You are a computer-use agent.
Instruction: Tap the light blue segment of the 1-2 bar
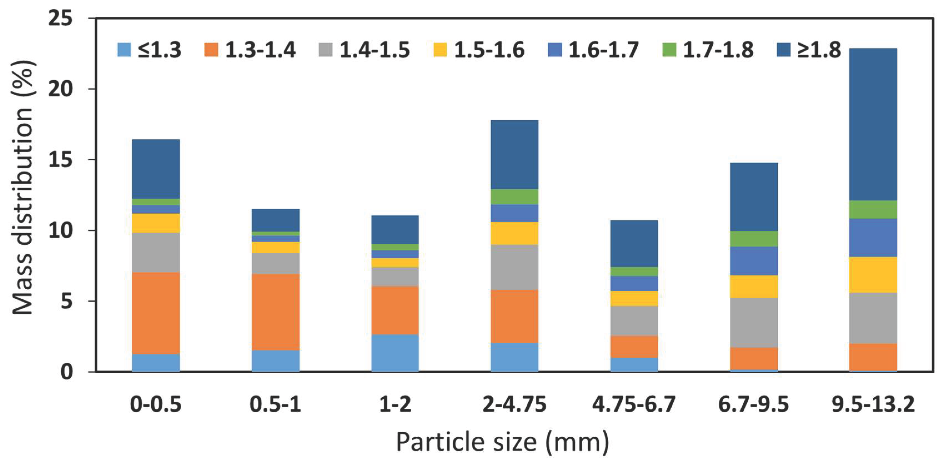coord(395,353)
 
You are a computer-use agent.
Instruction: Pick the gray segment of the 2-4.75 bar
coord(514,267)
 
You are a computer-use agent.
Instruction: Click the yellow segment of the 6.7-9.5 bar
coord(754,286)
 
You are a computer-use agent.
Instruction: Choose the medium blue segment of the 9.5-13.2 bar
coord(873,237)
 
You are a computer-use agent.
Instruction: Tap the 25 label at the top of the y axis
coord(61,18)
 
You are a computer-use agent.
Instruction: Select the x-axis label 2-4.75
coord(514,404)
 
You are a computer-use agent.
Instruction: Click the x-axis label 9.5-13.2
coord(873,404)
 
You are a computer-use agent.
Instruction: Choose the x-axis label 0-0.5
coord(156,404)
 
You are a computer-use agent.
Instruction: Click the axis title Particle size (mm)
coord(503,442)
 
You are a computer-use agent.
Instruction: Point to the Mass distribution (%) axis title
coord(23,187)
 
